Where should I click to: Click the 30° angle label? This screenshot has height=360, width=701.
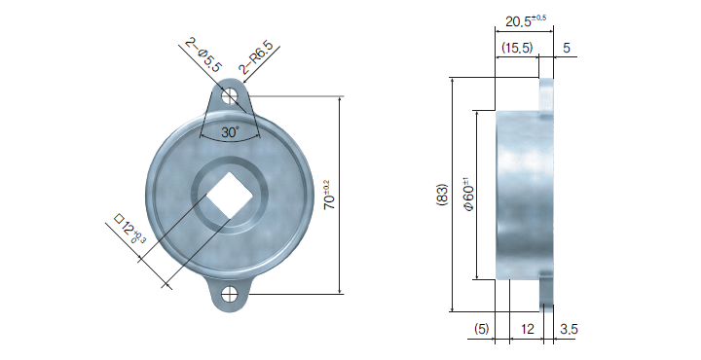[x=230, y=132]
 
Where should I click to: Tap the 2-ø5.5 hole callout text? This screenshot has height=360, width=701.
[x=203, y=55]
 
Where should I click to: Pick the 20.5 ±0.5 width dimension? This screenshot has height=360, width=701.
[x=526, y=20]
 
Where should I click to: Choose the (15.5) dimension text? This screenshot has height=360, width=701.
[x=517, y=48]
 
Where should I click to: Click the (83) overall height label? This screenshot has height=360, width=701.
[x=442, y=195]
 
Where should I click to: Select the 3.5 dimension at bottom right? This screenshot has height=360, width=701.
[x=569, y=329]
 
